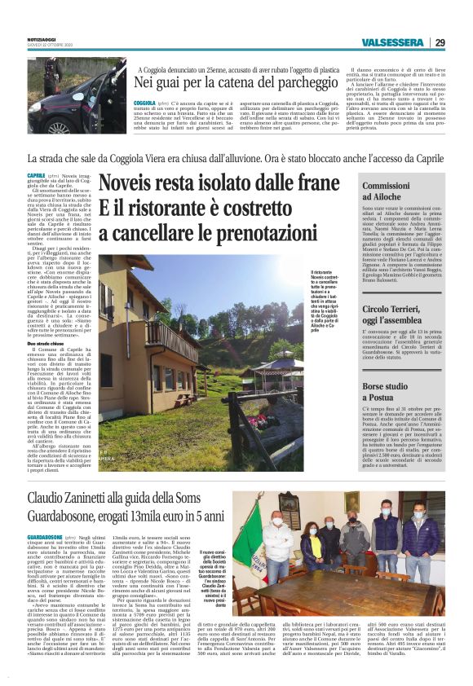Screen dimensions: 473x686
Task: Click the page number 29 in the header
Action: (440, 43)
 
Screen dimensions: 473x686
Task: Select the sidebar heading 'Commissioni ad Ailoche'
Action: (386, 192)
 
